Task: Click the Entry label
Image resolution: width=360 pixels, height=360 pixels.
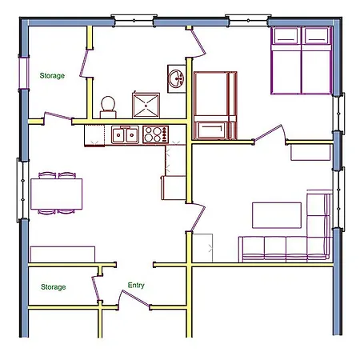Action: [136, 285]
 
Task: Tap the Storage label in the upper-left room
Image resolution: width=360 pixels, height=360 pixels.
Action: [52, 76]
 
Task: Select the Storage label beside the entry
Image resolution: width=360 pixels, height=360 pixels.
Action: [54, 287]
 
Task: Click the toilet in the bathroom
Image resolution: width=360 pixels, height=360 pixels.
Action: [108, 107]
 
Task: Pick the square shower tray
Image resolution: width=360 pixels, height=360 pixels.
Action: [146, 106]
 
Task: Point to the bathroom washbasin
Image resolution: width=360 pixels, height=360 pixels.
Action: [177, 78]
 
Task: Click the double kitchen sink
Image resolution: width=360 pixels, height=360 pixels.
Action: [125, 135]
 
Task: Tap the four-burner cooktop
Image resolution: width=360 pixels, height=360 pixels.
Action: [155, 134]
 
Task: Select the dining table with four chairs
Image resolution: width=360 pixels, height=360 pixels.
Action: [56, 194]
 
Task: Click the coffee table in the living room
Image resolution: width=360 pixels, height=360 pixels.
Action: [277, 215]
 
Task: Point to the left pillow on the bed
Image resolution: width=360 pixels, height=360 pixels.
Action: [286, 36]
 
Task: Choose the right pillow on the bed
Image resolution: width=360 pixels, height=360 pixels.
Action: [316, 36]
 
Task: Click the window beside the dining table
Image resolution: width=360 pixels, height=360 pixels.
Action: [23, 190]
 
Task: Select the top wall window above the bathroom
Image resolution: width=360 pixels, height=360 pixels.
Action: [134, 21]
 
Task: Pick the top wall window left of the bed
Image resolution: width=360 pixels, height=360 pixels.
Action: [248, 20]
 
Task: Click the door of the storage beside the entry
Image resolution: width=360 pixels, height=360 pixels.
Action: [95, 288]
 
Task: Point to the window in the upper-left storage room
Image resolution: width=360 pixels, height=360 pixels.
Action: [24, 73]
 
